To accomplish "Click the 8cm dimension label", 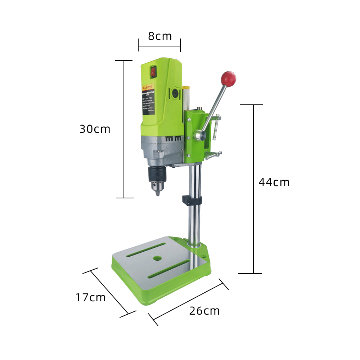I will [160, 36].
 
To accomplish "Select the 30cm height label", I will [95, 129].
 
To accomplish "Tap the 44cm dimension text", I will [274, 182].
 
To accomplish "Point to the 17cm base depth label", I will [90, 297].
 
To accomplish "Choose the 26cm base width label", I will [204, 311].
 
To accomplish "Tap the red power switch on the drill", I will [154, 72].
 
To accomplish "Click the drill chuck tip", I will [158, 193].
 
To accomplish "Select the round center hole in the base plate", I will [157, 258].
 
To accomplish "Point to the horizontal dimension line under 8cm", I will [159, 46].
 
